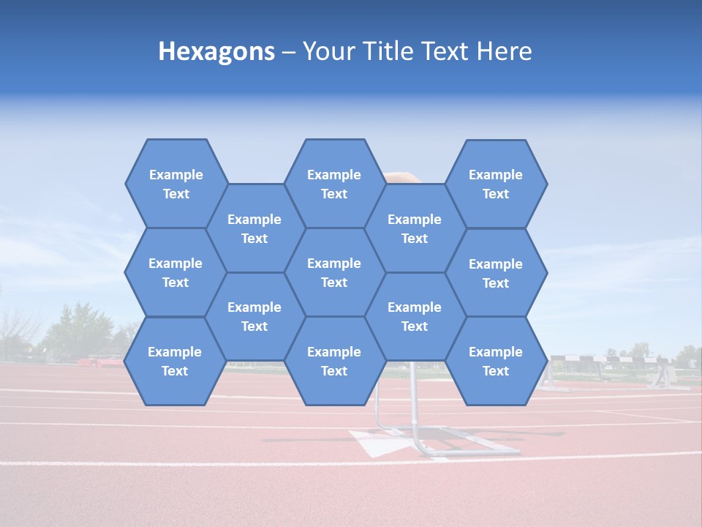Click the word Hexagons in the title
216,51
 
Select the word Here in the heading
504,51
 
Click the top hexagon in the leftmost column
175,184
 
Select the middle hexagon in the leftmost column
175,272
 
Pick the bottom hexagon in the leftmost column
175,361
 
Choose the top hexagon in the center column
334,184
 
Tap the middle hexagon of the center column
334,272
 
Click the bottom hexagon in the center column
334,361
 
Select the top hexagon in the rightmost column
496,184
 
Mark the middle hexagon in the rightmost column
496,273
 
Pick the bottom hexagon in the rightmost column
496,361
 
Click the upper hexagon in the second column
254,228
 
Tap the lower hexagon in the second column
254,316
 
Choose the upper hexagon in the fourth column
415,228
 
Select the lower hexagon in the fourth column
415,316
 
